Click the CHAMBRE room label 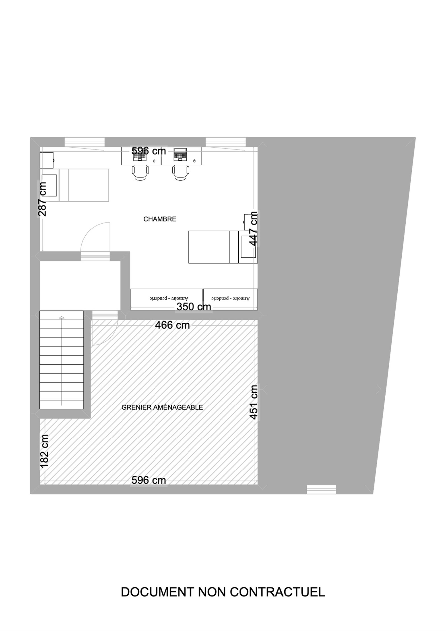(x=160, y=219)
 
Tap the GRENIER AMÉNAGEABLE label (x=162, y=407)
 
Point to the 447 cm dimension (x=253, y=229)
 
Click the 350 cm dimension (x=194, y=306)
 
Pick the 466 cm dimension (x=172, y=325)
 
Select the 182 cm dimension (x=44, y=451)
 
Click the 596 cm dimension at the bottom (x=149, y=480)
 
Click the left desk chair (x=141, y=173)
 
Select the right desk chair (x=181, y=173)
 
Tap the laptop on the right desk (x=180, y=154)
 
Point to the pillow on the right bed (x=248, y=247)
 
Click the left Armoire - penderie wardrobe (x=166, y=299)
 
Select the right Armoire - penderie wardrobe (x=230, y=299)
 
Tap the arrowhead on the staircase (x=62, y=317)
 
